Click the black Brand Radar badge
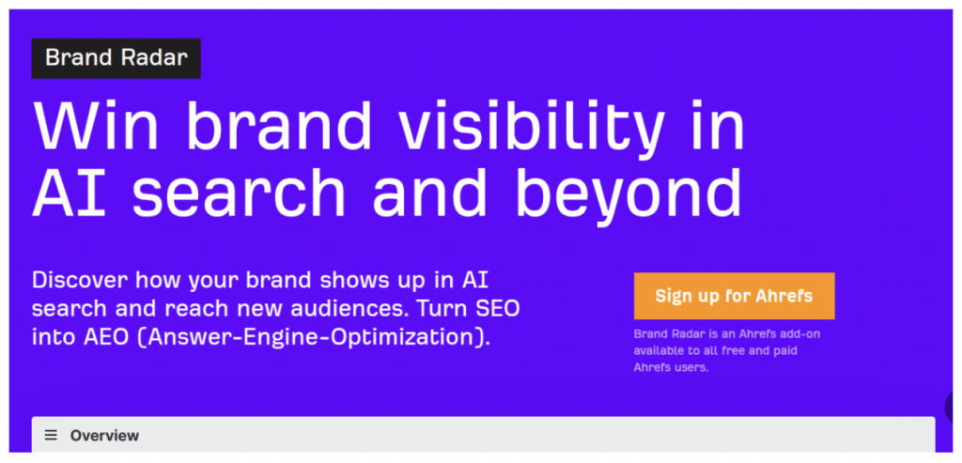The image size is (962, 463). [x=116, y=58]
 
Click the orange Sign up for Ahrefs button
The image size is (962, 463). [x=734, y=296]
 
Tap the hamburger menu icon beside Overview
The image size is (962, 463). [x=51, y=435]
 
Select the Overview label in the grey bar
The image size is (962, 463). [x=104, y=435]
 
